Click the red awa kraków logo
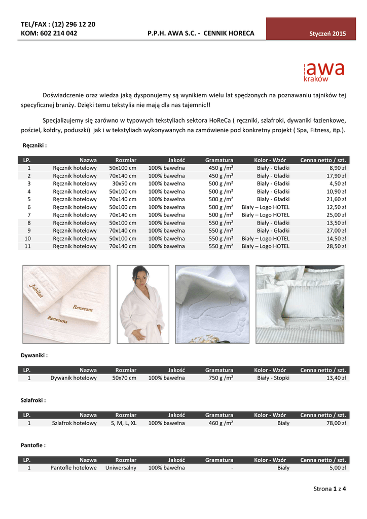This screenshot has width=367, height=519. (323, 72)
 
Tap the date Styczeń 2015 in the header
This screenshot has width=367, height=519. (327, 34)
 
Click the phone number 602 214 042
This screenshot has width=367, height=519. (56, 33)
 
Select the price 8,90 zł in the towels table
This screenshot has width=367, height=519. (338, 167)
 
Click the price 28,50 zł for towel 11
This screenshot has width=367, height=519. (337, 246)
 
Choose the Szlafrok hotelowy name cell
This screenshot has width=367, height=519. (75, 423)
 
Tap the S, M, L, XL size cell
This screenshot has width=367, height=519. (124, 423)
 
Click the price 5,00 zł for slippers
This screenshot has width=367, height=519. (338, 468)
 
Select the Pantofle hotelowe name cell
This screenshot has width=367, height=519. (74, 468)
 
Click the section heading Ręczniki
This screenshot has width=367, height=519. (35, 145)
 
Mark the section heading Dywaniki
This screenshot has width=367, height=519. (34, 355)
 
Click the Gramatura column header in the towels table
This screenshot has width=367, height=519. (219, 160)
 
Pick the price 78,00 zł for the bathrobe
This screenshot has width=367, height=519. (337, 423)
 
